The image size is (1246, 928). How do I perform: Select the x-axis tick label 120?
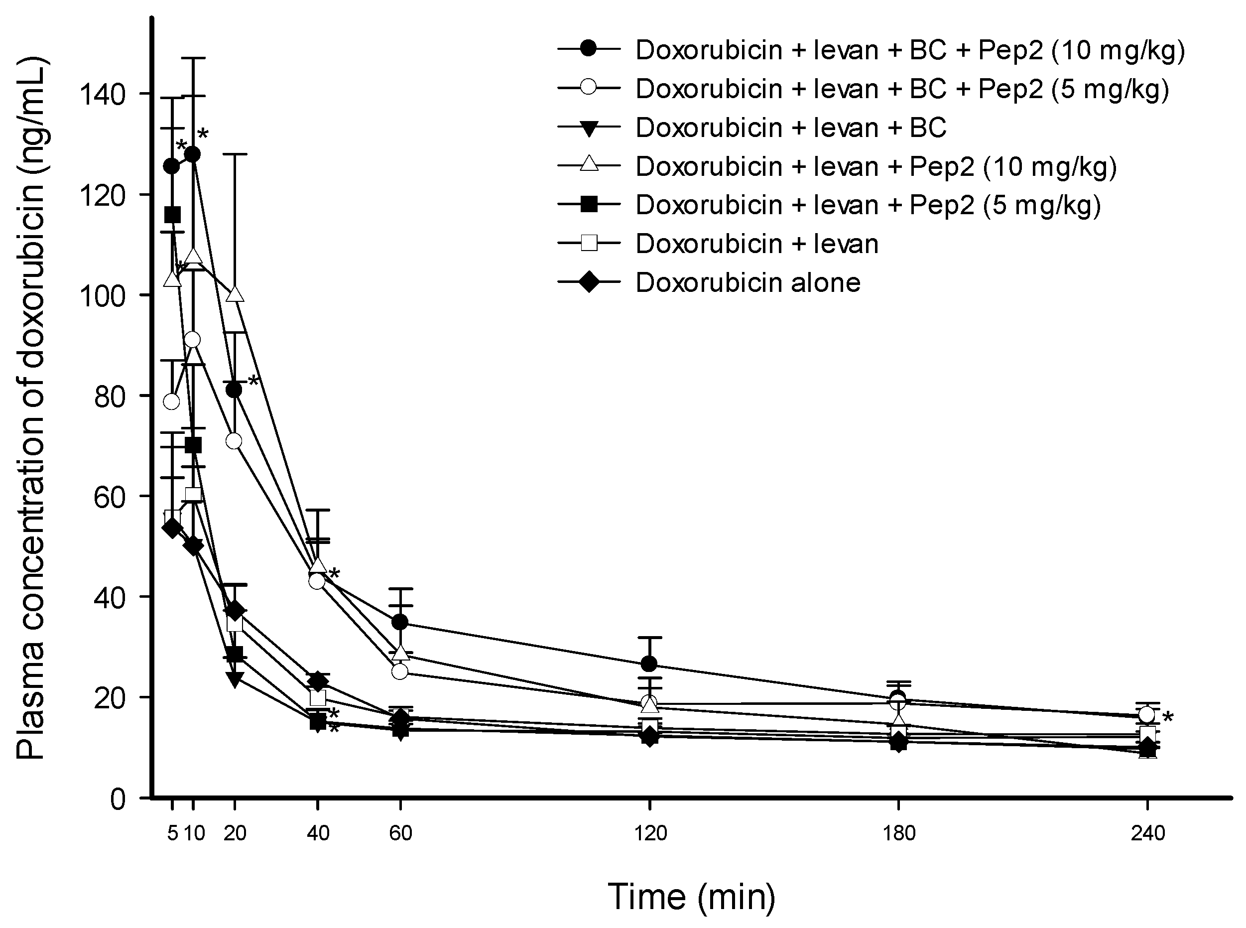click(650, 832)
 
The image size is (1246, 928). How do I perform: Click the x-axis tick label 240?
click(1148, 832)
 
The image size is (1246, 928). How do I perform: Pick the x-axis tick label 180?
click(899, 832)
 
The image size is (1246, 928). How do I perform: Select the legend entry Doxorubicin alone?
click(748, 282)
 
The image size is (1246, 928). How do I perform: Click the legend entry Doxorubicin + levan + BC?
click(791, 128)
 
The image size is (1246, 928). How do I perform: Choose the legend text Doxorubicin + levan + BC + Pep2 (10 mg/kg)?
click(910, 50)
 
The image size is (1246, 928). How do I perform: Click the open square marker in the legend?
click(589, 244)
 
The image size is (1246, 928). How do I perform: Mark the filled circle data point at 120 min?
click(649, 664)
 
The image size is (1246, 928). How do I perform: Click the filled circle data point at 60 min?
click(400, 623)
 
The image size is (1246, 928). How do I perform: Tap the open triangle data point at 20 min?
click(235, 294)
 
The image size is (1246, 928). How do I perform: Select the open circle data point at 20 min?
click(234, 441)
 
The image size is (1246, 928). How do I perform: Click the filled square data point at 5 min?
click(172, 215)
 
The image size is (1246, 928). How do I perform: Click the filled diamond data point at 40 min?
click(318, 681)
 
